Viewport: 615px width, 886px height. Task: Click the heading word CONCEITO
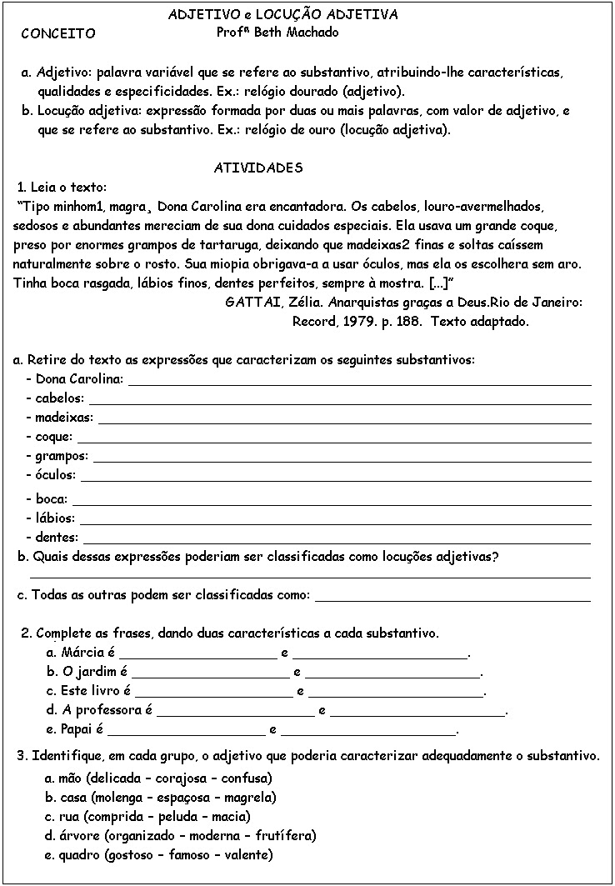[x=57, y=34]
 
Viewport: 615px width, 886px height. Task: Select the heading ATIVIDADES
[x=259, y=168]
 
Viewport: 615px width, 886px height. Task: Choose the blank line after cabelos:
[x=340, y=401]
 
